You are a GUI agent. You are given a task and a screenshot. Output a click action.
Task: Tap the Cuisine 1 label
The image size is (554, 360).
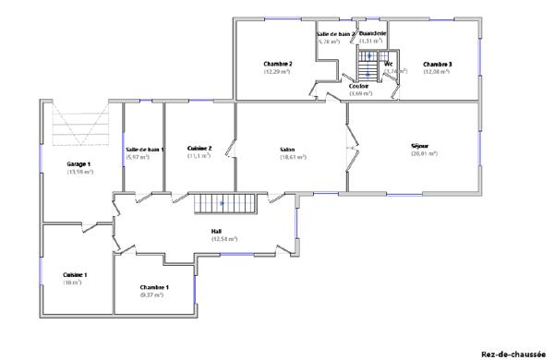point(75,274)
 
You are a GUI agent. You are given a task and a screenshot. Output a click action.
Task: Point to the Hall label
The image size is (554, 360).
point(217,231)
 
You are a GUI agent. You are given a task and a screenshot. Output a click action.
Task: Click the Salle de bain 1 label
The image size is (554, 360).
point(144,149)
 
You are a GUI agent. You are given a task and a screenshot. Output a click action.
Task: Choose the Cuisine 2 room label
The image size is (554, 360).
point(199,148)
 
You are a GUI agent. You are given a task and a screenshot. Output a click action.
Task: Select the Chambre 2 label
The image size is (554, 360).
point(277,64)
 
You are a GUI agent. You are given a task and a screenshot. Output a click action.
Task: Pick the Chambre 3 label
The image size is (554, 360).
point(437,64)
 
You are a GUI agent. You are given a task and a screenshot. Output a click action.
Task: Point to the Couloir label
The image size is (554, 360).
point(359,86)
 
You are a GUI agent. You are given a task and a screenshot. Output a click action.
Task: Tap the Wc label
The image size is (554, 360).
point(390,64)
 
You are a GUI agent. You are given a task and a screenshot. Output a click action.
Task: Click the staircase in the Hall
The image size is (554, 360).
point(221,202)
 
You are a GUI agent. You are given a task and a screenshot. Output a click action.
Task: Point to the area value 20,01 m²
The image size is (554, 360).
point(424,153)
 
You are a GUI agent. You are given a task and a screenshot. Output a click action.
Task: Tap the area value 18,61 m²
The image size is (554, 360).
point(292,157)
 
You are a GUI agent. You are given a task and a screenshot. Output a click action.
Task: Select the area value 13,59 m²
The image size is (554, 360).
point(79,172)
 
